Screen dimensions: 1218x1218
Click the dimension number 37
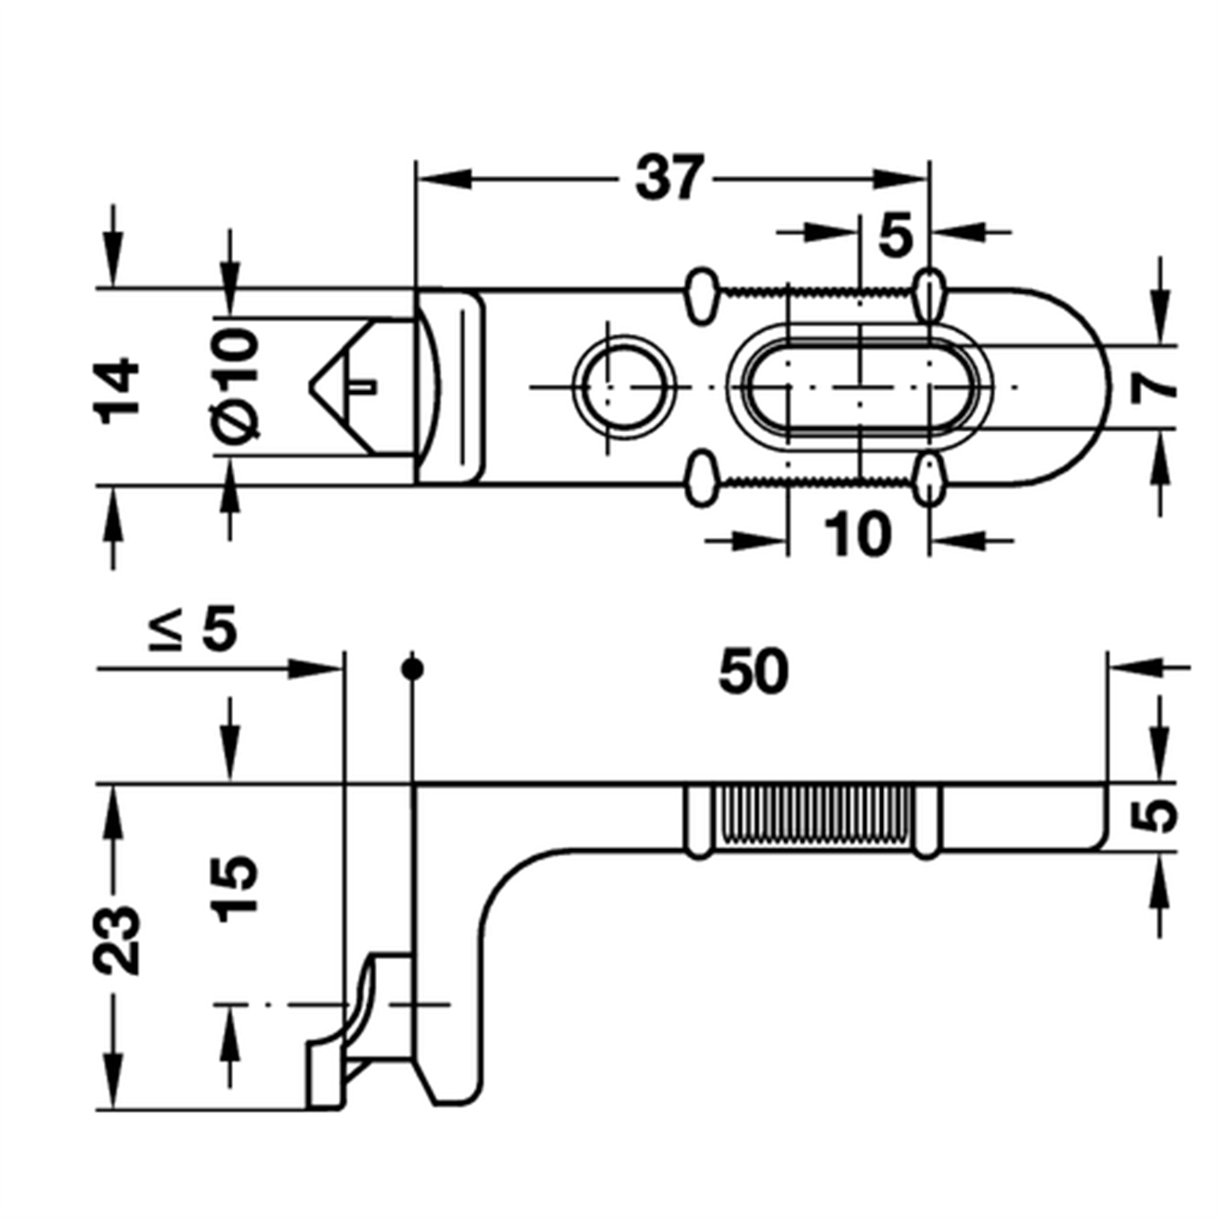[x=671, y=178]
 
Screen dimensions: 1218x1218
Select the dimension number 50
[x=754, y=671]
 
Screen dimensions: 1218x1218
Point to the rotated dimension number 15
[x=235, y=886]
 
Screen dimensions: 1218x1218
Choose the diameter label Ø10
[x=235, y=384]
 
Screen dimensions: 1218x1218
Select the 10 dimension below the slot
[x=858, y=535]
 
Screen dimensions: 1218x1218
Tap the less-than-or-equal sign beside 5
[x=167, y=631]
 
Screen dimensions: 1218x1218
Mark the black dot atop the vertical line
[x=412, y=669]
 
